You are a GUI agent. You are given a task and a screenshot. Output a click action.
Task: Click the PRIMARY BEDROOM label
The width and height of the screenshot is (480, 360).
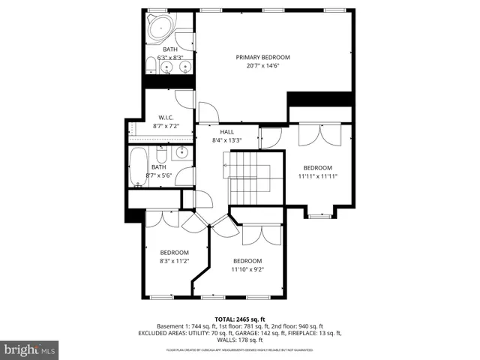pos(262,57)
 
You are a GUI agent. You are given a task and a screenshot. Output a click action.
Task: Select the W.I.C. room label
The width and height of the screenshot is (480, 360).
pos(166,117)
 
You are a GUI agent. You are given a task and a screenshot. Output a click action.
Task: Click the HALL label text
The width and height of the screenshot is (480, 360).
pos(227,131)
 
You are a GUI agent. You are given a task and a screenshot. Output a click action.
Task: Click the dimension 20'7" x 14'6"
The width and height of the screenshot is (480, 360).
pos(262,66)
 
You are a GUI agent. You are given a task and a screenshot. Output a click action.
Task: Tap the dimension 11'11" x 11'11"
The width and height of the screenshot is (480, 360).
pos(317,176)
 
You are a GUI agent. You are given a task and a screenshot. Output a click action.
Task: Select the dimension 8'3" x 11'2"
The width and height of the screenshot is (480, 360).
pos(174,261)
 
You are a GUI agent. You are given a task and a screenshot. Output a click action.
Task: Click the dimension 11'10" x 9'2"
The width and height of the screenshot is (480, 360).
pos(247,268)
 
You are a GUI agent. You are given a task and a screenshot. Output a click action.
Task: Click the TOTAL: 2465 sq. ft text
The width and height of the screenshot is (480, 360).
pos(240,319)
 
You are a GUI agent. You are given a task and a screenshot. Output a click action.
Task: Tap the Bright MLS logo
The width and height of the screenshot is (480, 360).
pos(30,349)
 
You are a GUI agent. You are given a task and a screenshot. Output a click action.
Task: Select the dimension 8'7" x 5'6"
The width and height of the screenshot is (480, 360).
pos(159,175)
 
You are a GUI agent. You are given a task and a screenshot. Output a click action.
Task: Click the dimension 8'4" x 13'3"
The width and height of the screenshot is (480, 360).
pos(227,140)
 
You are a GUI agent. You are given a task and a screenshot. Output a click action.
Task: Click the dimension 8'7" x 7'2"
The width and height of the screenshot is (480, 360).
pos(166,126)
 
